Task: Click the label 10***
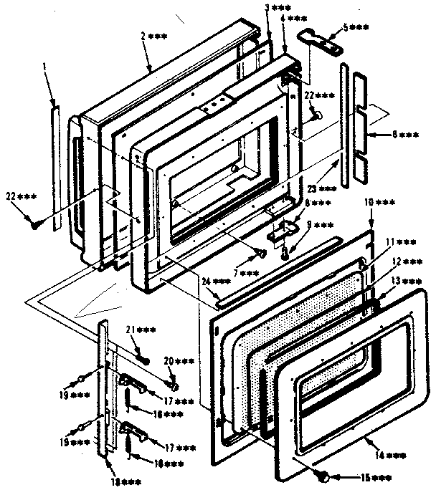point(380,204)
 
